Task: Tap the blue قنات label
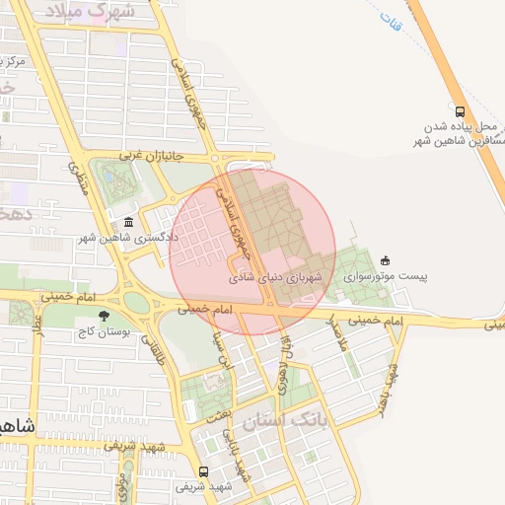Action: [x=392, y=21]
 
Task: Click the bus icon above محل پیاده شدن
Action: [x=460, y=110]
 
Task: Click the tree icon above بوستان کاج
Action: [x=105, y=316]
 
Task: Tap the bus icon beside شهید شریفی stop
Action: [x=203, y=470]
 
